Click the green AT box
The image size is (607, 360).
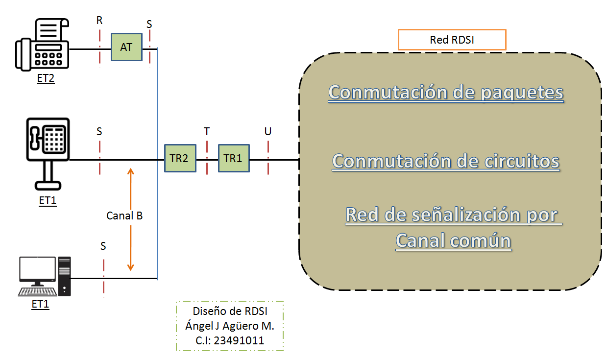click(126, 47)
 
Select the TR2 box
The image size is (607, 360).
click(180, 158)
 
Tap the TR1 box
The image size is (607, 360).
click(234, 158)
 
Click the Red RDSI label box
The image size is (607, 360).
click(452, 40)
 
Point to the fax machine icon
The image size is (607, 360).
click(42, 45)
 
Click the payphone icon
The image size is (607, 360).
click(48, 154)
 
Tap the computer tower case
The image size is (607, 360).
click(65, 276)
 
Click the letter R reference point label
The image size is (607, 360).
click(99, 20)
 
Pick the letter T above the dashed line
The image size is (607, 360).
click(207, 131)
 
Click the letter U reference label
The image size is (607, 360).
click(267, 131)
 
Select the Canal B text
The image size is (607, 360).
click(124, 216)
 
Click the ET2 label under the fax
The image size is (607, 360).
click(46, 78)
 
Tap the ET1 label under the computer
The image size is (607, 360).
click(40, 304)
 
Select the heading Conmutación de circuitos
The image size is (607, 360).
click(446, 162)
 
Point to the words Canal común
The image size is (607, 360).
click(453, 241)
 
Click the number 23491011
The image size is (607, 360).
click(239, 340)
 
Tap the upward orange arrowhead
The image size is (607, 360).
click(131, 171)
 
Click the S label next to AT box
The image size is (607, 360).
click(149, 24)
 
